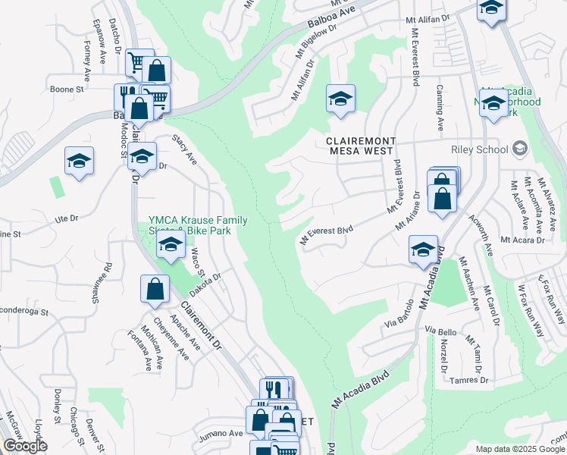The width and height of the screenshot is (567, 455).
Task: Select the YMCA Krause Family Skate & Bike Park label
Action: click(198, 225)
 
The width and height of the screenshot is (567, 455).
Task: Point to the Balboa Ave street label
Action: click(332, 13)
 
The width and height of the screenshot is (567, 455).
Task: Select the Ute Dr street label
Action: click(67, 218)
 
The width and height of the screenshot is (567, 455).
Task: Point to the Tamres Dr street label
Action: click(471, 380)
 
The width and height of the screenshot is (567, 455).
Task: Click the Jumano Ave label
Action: click(220, 434)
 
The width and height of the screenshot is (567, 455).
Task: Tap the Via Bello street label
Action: click(440, 331)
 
